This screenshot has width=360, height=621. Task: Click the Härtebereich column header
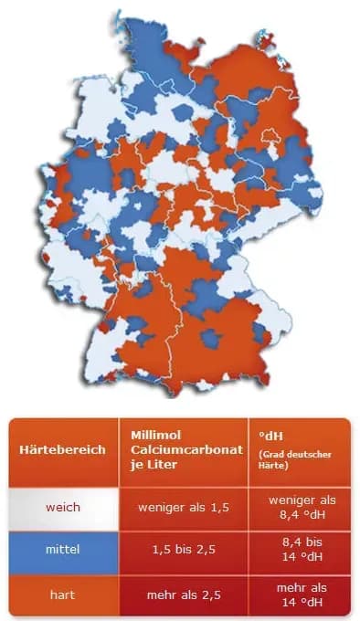(x=61, y=450)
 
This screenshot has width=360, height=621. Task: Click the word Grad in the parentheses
(x=270, y=454)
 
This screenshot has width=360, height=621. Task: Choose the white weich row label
(x=63, y=507)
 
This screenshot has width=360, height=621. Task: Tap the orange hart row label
(x=63, y=595)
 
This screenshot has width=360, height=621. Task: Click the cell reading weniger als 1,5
(x=182, y=507)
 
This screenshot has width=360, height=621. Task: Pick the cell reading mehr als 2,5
(x=182, y=595)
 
